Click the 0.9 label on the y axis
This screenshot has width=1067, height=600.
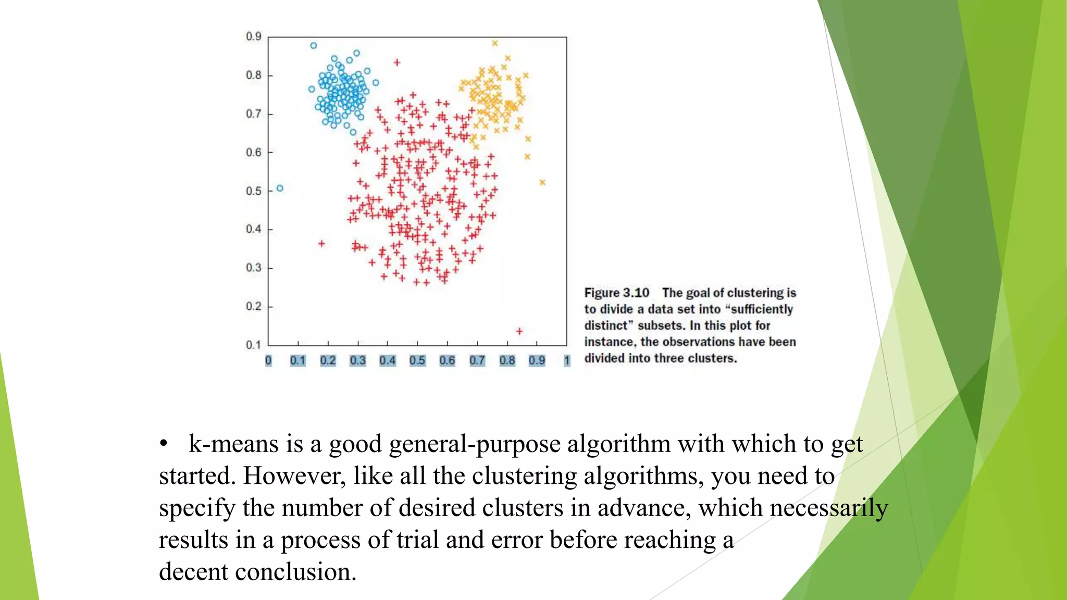pyautogui.click(x=254, y=36)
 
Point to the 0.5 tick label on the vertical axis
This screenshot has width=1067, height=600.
pyautogui.click(x=254, y=191)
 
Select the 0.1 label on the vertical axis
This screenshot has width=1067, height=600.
pyautogui.click(x=254, y=345)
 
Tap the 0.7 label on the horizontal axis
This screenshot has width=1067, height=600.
pyautogui.click(x=477, y=360)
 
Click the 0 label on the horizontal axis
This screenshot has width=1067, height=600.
pyautogui.click(x=268, y=360)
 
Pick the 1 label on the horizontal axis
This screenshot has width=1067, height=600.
pyautogui.click(x=567, y=360)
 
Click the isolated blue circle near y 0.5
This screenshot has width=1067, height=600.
pyautogui.click(x=280, y=188)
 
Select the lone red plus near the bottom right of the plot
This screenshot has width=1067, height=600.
pyautogui.click(x=519, y=331)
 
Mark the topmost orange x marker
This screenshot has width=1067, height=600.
pyautogui.click(x=495, y=43)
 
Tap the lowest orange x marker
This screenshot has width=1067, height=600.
pyautogui.click(x=542, y=182)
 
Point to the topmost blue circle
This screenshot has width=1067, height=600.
pyautogui.click(x=314, y=45)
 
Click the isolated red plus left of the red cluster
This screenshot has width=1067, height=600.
pyautogui.click(x=321, y=243)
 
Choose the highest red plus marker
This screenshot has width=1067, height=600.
pyautogui.click(x=397, y=63)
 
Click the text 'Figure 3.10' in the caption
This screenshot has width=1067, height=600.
pyautogui.click(x=617, y=293)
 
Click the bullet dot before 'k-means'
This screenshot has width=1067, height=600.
pyautogui.click(x=164, y=443)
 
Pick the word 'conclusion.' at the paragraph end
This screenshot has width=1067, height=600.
pyautogui.click(x=295, y=572)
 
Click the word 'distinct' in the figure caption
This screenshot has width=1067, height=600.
pyautogui.click(x=607, y=326)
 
